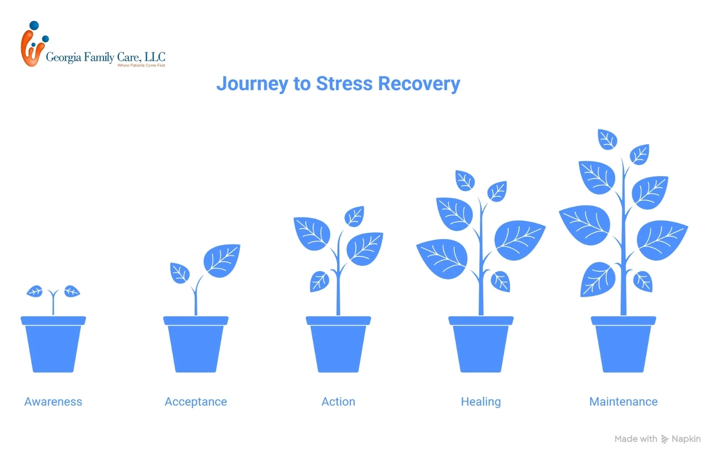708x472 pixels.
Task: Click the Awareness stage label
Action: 53,402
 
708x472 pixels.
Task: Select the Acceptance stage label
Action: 196,402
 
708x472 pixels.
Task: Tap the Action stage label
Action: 338,402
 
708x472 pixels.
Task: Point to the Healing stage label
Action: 481,402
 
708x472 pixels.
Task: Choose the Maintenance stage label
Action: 624,402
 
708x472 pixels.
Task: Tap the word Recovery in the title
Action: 419,84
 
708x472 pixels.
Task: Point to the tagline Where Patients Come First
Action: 141,66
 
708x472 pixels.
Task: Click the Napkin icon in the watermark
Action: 665,439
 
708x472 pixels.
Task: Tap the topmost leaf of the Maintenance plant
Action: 607,139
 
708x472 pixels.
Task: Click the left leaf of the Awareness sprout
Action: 35,291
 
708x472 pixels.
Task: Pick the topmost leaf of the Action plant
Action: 354,217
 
